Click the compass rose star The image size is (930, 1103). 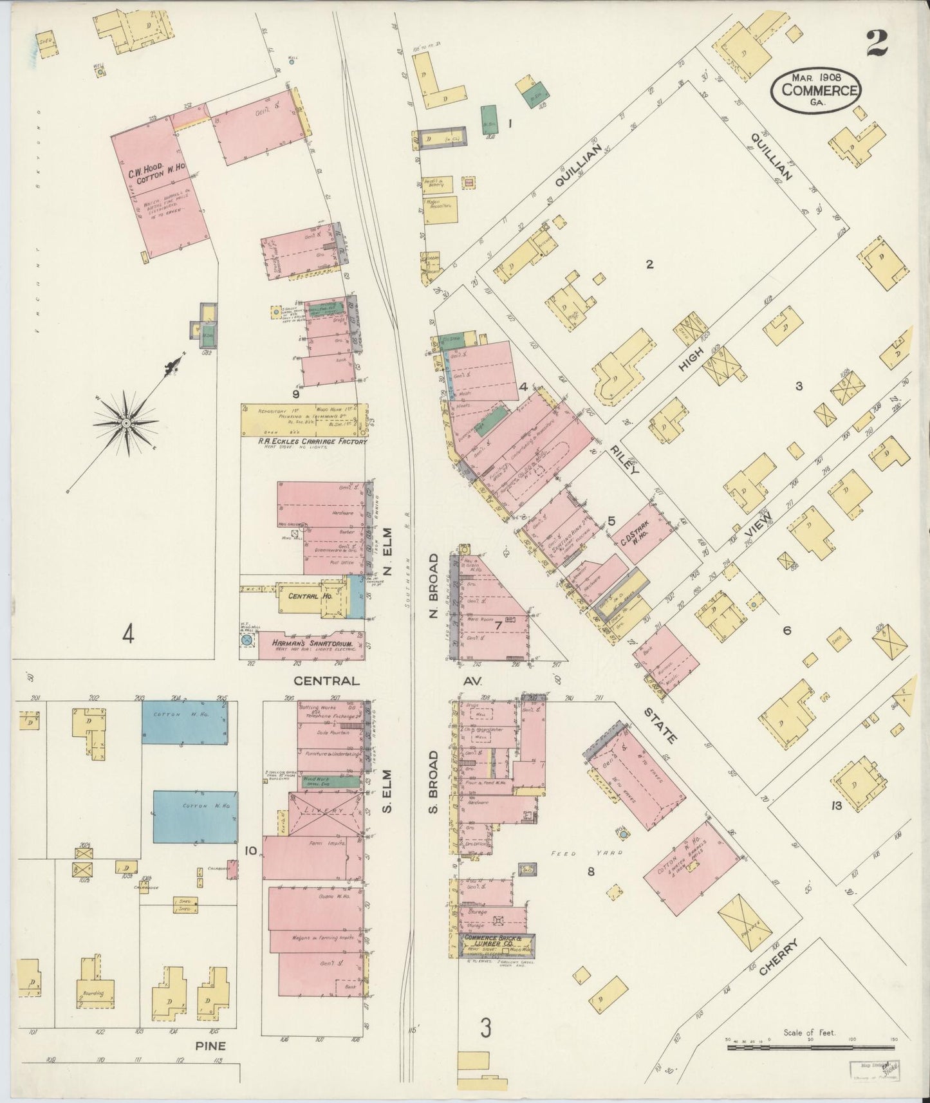[126, 423]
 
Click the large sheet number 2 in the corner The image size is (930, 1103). [877, 44]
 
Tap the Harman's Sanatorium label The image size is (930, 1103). [312, 644]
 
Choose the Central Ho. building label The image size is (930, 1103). [310, 597]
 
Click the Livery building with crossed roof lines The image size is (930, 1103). [324, 812]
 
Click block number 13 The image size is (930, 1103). [836, 822]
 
